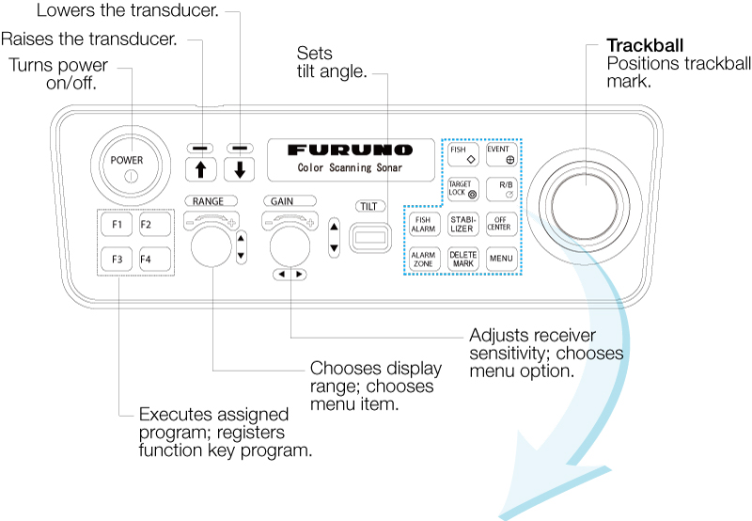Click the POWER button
click(127, 166)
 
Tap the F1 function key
click(117, 224)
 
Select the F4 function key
click(155, 260)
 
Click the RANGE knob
click(211, 245)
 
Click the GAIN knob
click(290, 245)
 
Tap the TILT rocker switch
click(369, 238)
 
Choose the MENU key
click(502, 259)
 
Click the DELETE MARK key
click(462, 259)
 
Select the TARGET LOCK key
click(462, 189)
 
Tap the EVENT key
click(502, 154)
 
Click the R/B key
click(502, 189)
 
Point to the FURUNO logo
click(350, 150)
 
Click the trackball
click(584, 206)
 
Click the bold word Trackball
click(645, 45)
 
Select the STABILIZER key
click(462, 224)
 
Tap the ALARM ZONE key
click(424, 259)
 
